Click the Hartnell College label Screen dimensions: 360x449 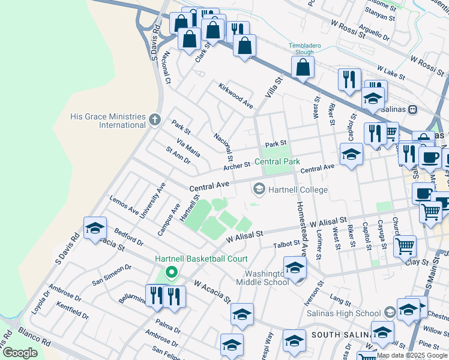point(298,190)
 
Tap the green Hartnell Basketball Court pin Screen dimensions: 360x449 point(171,273)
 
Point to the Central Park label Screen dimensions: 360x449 point(277,161)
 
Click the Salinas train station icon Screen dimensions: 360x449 point(412,110)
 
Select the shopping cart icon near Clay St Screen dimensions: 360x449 point(405,245)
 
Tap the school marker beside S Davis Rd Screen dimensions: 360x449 point(95,228)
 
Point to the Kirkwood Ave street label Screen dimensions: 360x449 point(236,95)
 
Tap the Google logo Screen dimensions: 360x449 point(20,352)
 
